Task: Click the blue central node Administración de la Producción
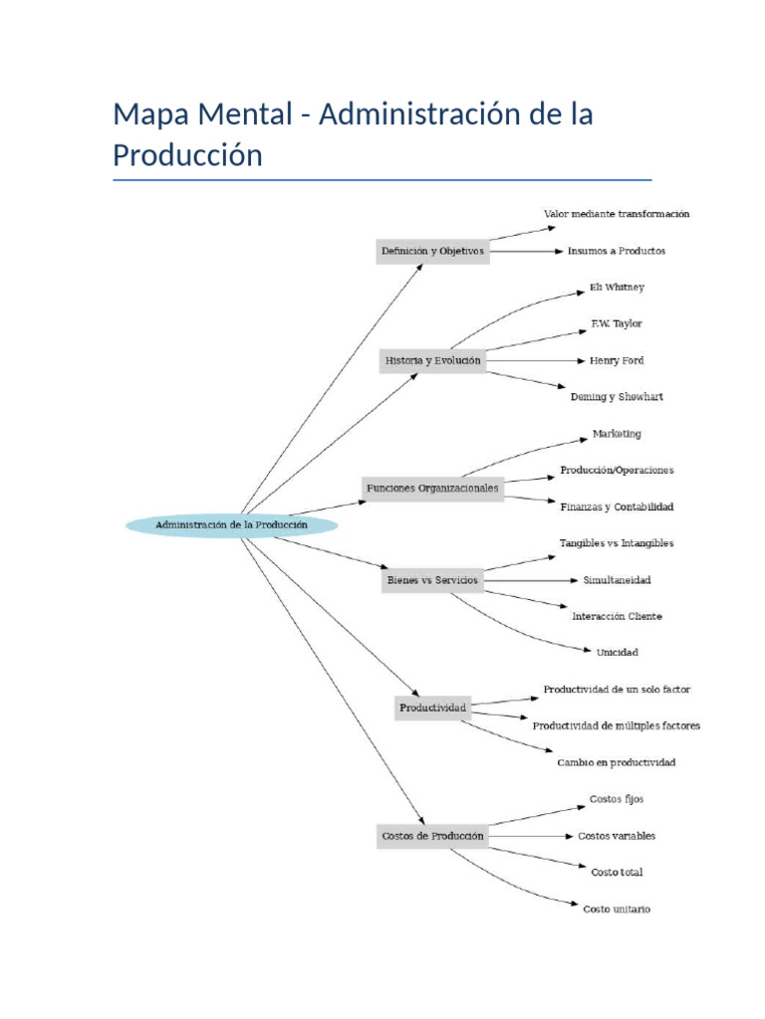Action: tap(231, 524)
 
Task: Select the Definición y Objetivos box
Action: tap(432, 251)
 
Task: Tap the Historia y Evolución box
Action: tap(432, 360)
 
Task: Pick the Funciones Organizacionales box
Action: tap(431, 489)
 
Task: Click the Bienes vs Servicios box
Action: tap(431, 580)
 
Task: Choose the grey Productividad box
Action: tap(432, 708)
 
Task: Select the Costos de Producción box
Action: tap(432, 836)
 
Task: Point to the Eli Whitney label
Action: tap(617, 288)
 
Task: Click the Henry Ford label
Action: tap(617, 360)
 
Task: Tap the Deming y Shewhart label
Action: tap(617, 396)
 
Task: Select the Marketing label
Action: tap(617, 434)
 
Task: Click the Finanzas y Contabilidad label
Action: tap(617, 507)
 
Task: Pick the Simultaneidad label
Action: tap(617, 579)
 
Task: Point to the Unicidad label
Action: tap(617, 653)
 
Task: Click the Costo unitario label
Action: tap(617, 909)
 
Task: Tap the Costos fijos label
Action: tap(617, 799)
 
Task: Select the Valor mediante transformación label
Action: tap(617, 214)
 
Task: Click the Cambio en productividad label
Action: tap(617, 762)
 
